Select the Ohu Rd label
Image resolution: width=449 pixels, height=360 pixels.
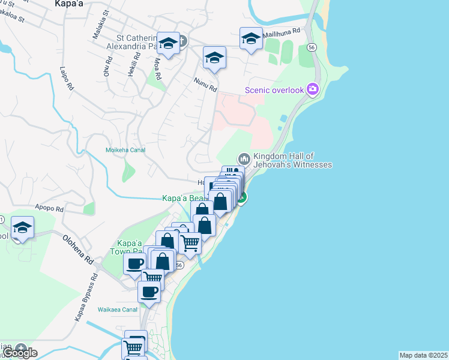(108, 67)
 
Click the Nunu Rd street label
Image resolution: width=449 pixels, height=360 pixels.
(205, 85)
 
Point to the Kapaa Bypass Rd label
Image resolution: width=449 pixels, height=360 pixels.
(85, 298)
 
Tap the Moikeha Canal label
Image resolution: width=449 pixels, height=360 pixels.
(125, 150)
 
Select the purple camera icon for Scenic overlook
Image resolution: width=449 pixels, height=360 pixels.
(312, 90)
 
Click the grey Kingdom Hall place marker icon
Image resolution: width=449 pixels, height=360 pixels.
(244, 159)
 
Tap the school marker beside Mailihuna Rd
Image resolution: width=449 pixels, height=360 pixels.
(251, 39)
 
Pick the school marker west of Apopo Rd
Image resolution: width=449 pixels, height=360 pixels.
(22, 227)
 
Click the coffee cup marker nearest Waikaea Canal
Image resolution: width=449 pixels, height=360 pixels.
(149, 292)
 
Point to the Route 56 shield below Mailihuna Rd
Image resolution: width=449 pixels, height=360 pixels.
(311, 47)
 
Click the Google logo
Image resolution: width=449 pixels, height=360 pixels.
(20, 353)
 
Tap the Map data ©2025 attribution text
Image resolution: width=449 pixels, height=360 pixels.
(423, 355)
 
